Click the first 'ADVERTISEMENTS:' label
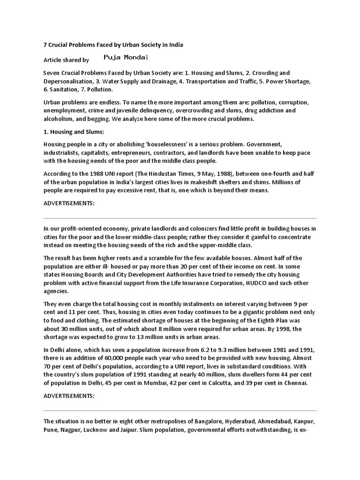[69, 203]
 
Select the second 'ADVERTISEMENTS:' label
[69, 396]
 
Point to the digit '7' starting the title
[45, 45]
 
